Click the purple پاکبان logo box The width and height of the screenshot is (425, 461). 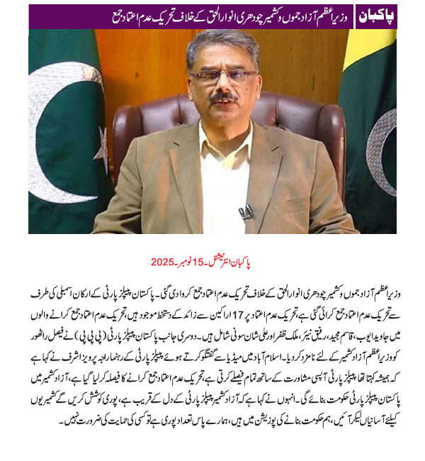pyautogui.click(x=375, y=15)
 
